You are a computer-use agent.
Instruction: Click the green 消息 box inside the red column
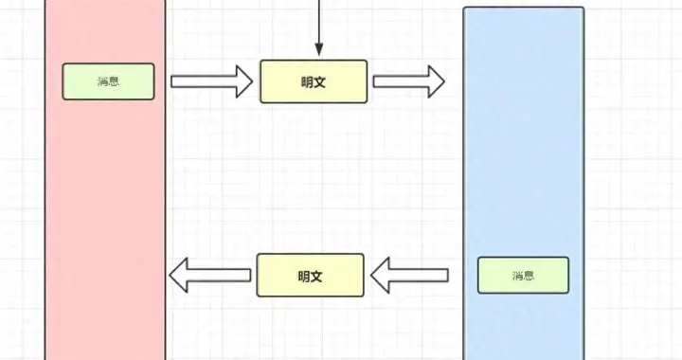pyautogui.click(x=108, y=81)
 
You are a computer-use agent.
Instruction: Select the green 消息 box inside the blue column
pyautogui.click(x=523, y=275)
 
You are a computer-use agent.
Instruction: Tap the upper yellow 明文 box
pyautogui.click(x=314, y=81)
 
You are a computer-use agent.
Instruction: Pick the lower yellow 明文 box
pyautogui.click(x=311, y=276)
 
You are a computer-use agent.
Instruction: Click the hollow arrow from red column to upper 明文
pyautogui.click(x=211, y=81)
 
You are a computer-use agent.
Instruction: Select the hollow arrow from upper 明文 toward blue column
pyautogui.click(x=408, y=81)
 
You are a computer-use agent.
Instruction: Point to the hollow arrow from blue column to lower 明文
pyautogui.click(x=409, y=276)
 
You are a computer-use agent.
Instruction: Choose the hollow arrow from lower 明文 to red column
pyautogui.click(x=209, y=276)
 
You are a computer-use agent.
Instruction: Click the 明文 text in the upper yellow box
pyautogui.click(x=314, y=81)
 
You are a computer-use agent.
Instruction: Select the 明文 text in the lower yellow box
pyautogui.click(x=311, y=276)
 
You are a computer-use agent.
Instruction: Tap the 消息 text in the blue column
pyautogui.click(x=523, y=276)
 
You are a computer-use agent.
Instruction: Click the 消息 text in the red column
pyautogui.click(x=108, y=81)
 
